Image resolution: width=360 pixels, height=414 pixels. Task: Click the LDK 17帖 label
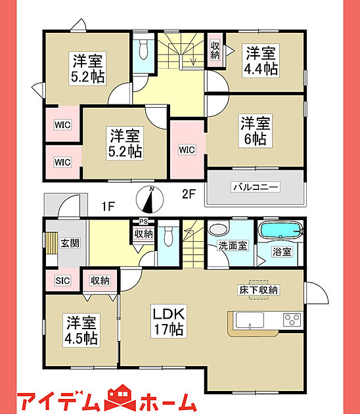click(169, 321)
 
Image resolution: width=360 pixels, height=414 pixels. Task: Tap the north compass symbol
click(150, 200)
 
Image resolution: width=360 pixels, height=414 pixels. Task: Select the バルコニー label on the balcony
click(256, 187)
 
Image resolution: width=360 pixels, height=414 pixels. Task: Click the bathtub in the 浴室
click(281, 230)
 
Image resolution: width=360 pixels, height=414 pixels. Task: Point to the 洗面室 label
click(233, 246)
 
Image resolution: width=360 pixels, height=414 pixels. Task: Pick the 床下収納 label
click(258, 290)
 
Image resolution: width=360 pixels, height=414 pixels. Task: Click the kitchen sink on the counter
click(250, 320)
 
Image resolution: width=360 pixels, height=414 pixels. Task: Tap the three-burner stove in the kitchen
click(292, 320)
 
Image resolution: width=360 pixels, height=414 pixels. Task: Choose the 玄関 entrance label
click(70, 243)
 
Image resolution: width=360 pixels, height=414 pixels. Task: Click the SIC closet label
click(62, 281)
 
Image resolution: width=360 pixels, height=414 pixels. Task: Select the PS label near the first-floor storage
click(143, 221)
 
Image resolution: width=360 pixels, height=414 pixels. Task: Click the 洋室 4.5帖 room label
click(81, 330)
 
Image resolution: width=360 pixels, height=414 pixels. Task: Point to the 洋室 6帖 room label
click(256, 131)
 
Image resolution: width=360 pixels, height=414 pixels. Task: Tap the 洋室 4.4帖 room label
click(261, 60)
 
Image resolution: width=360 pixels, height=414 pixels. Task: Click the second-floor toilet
click(143, 49)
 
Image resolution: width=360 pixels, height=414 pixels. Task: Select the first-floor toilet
click(168, 237)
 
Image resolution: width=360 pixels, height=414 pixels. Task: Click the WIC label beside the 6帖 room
click(187, 150)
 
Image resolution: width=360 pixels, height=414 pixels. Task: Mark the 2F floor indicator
click(189, 195)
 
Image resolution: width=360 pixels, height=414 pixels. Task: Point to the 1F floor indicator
click(108, 206)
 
